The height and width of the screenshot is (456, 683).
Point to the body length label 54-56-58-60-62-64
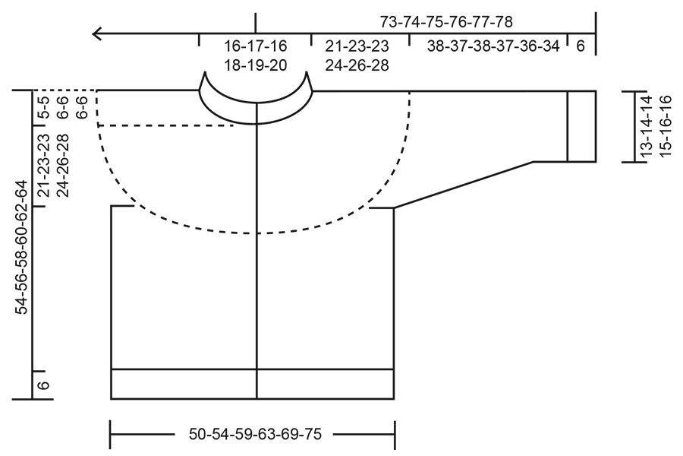coord(22,247)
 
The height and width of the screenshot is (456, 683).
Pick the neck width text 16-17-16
coord(255,46)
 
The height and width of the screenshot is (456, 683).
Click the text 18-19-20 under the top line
coord(255,65)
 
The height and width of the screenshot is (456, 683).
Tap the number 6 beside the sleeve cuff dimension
coord(581,46)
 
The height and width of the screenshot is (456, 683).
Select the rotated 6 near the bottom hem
coord(44,385)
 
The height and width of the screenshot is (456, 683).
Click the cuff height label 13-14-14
coord(646,126)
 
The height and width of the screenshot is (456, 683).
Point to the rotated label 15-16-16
coord(666,126)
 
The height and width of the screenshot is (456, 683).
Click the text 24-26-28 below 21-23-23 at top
coord(357,65)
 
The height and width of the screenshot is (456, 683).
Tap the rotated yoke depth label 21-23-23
coord(43,165)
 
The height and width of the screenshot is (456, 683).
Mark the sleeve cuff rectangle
coord(581,126)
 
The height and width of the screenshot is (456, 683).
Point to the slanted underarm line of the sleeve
coord(463,185)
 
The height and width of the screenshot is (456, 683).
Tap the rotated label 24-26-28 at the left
coord(63,165)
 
